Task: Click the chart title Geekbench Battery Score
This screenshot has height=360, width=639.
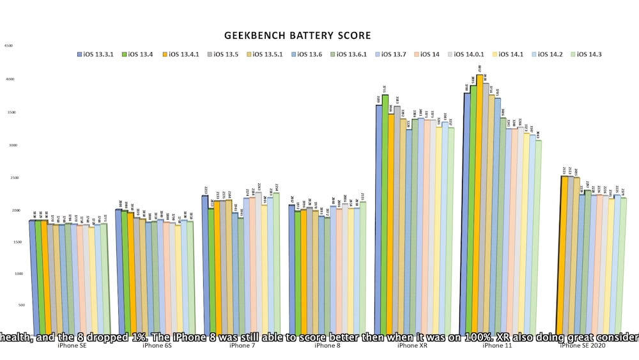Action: point(297,36)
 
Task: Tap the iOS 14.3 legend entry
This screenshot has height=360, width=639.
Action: point(587,54)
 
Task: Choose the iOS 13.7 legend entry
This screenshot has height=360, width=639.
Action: point(390,54)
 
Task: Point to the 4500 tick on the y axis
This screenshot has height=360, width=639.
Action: point(8,46)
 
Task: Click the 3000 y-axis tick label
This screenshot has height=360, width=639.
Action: point(8,145)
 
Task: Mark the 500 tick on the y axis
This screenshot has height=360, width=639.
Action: point(8,305)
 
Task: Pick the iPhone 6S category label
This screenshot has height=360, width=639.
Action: point(157,346)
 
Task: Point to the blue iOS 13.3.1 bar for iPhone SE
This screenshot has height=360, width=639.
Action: point(32,275)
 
